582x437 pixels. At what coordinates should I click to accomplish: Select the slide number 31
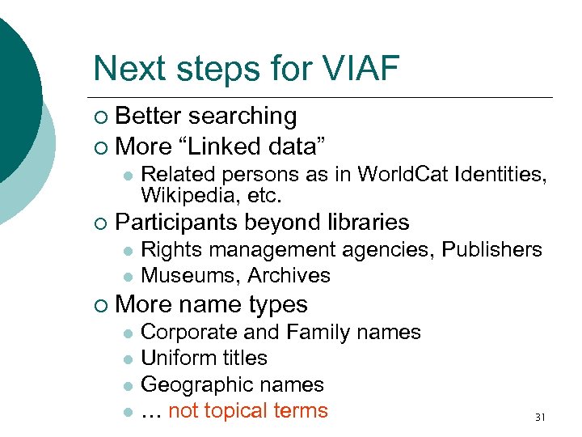pyautogui.click(x=540, y=418)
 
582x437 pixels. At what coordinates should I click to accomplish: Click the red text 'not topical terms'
pyautogui.click(x=248, y=411)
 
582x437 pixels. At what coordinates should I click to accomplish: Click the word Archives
pyautogui.click(x=289, y=276)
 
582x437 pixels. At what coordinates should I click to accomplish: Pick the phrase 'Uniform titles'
pyautogui.click(x=204, y=359)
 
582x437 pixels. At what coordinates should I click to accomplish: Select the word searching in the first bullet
pyautogui.click(x=243, y=117)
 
